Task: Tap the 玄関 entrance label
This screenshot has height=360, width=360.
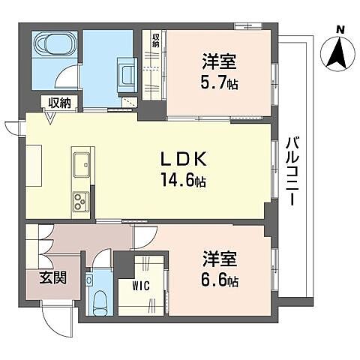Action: (52, 278)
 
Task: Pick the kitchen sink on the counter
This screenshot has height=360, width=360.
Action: (81, 161)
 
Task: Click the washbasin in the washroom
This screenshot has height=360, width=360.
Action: (125, 73)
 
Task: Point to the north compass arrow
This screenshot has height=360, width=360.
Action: (340, 52)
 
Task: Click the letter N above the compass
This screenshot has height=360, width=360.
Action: (340, 29)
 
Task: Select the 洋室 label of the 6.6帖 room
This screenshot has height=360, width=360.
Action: (219, 260)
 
